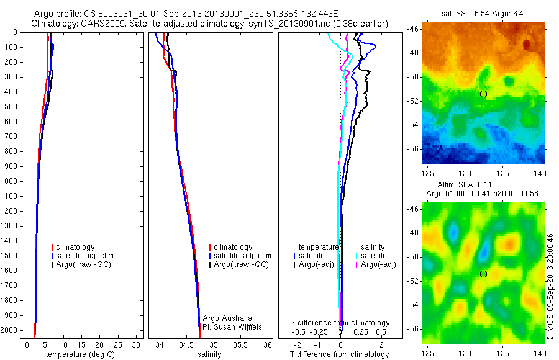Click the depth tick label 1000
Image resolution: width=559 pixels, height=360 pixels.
coord(11,181)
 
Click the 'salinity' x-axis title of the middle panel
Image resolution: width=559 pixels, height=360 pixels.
coord(209,354)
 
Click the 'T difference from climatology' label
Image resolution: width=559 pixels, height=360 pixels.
coord(340,354)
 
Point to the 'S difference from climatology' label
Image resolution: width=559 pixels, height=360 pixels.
coord(340,323)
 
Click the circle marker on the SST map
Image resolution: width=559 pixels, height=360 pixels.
coord(483,94)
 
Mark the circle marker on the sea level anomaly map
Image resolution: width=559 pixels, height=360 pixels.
coord(483,274)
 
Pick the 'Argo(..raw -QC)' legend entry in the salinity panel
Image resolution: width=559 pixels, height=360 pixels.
coord(240,264)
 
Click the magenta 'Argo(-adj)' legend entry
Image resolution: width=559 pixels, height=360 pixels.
coord(378,264)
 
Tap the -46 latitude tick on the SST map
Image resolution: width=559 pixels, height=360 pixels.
coord(412,29)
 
